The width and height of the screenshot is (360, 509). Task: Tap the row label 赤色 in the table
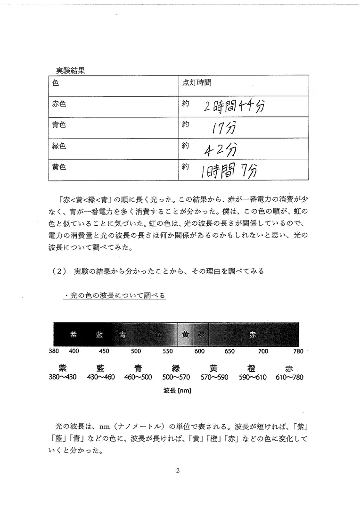click(x=59, y=104)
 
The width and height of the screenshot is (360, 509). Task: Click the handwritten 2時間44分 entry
click(x=234, y=107)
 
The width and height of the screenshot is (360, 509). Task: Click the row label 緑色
click(x=59, y=146)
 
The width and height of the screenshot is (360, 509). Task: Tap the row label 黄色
click(x=59, y=167)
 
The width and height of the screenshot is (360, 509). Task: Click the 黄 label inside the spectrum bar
click(x=185, y=335)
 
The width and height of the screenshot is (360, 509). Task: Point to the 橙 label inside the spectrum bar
click(x=200, y=335)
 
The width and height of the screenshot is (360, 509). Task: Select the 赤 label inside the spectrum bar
click(x=253, y=335)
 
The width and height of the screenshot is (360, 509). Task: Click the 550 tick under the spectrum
click(x=167, y=351)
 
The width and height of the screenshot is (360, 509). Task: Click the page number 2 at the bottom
click(x=178, y=470)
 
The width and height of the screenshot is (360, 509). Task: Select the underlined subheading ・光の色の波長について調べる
click(x=115, y=296)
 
